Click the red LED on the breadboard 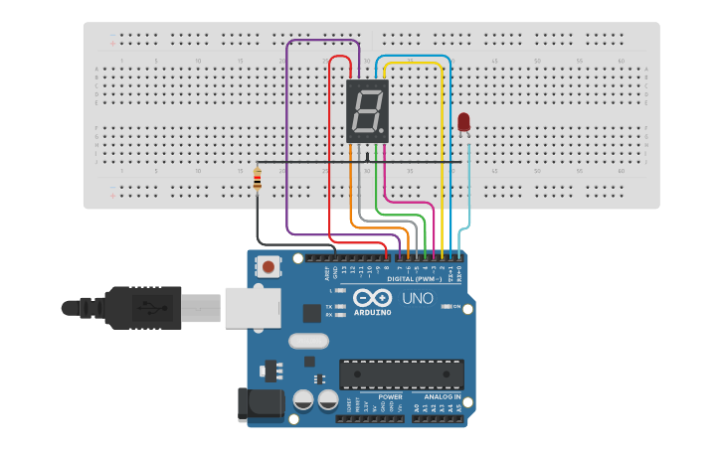pos(463,122)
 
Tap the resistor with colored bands pos(259,179)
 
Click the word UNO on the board pos(417,298)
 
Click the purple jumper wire pos(287,149)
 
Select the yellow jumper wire pos(441,149)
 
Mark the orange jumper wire pos(350,199)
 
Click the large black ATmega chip pos(402,374)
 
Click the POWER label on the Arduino pos(390,397)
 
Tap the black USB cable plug pos(149,307)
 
